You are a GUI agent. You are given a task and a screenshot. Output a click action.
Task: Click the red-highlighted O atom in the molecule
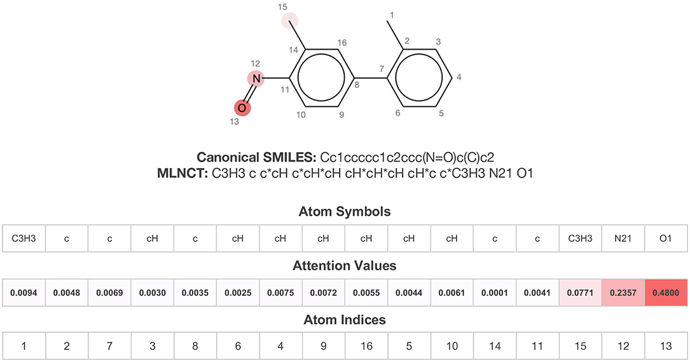click(x=242, y=108)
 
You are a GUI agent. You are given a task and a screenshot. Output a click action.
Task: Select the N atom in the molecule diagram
click(x=256, y=78)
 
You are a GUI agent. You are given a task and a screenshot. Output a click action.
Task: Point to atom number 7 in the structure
click(x=381, y=68)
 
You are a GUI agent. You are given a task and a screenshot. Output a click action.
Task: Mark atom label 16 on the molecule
click(x=342, y=43)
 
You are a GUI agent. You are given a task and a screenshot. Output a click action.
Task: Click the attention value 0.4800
click(x=666, y=292)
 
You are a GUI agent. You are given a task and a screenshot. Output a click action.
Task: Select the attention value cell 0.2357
click(x=623, y=292)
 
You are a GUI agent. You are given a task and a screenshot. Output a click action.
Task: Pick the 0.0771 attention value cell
click(x=580, y=292)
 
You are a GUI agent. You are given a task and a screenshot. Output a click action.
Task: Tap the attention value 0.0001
click(x=494, y=292)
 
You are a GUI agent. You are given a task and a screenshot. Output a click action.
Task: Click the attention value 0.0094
click(x=24, y=292)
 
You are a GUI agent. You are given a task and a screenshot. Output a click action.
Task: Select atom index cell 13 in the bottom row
click(x=666, y=346)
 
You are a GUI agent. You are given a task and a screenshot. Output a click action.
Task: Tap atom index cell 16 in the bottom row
click(x=366, y=346)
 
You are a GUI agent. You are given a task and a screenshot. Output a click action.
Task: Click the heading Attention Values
click(x=345, y=265)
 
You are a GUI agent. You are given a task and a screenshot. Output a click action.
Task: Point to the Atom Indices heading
click(x=345, y=319)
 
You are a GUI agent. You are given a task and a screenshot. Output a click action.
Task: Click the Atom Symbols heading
click(x=345, y=211)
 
